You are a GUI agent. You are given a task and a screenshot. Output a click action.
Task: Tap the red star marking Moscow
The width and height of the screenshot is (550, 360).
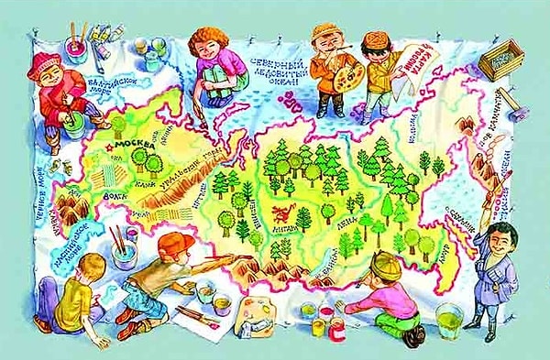click(x=109, y=146)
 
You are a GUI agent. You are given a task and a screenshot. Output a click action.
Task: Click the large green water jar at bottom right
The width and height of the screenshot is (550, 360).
click(x=450, y=321)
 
